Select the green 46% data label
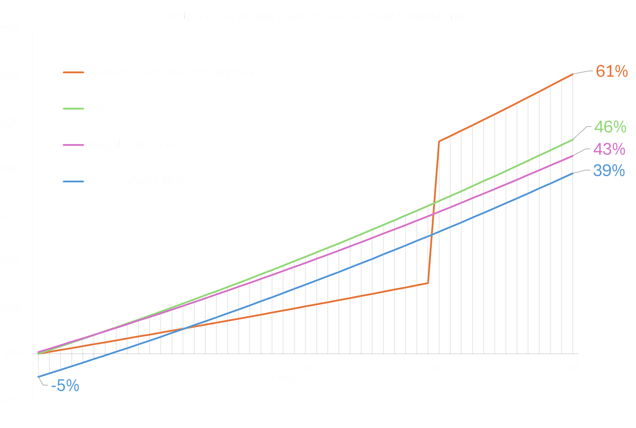tap(610, 127)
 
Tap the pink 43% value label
tap(609, 149)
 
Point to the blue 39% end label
tap(609, 171)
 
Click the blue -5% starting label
tap(65, 386)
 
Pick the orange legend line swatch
tap(73, 72)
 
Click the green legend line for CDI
tap(73, 109)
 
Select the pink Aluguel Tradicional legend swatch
tap(73, 145)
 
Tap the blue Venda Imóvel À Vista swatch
tap(73, 182)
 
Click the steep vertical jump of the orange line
tap(434, 213)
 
